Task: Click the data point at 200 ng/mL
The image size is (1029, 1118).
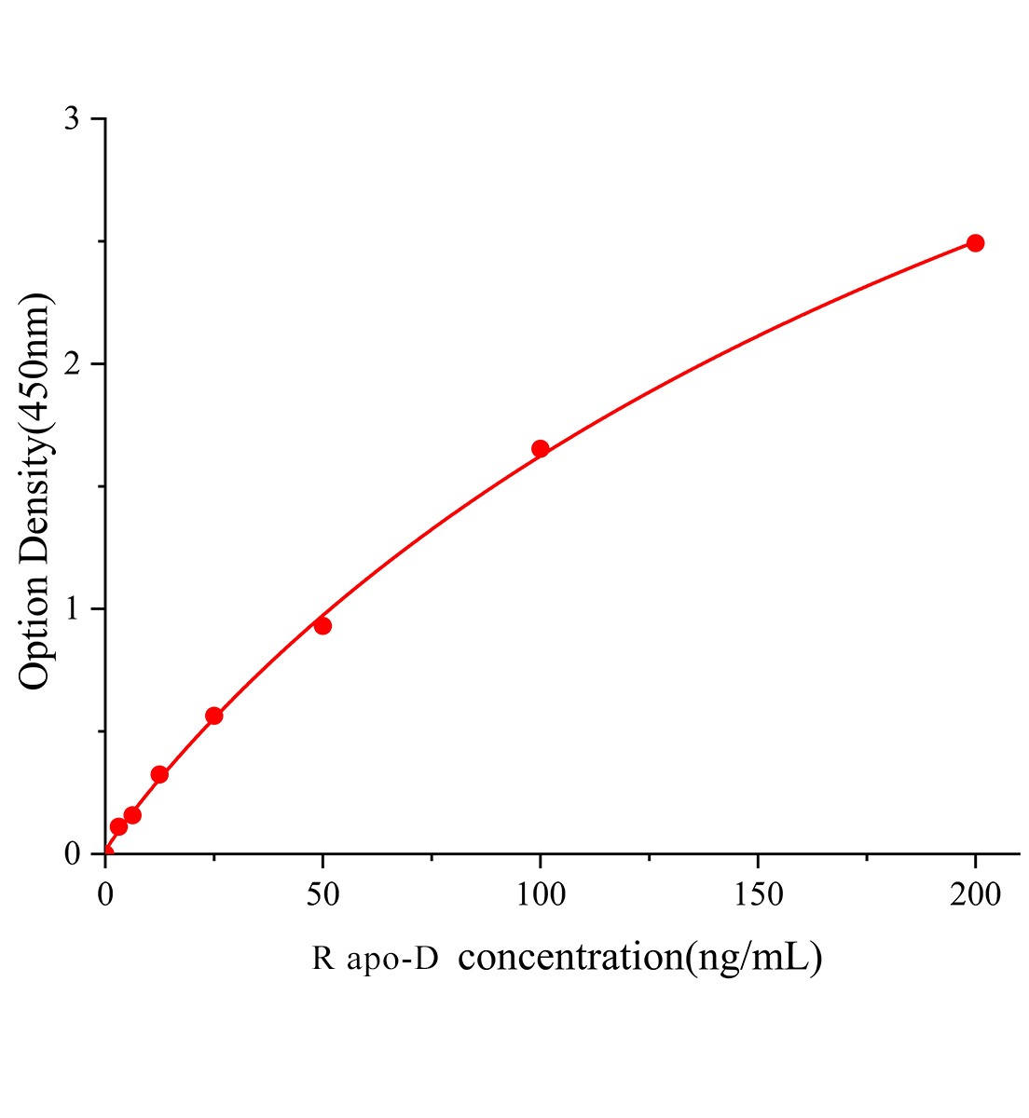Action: click(x=975, y=243)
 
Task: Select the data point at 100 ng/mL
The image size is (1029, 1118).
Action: click(x=540, y=449)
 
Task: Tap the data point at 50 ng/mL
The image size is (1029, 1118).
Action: click(x=322, y=625)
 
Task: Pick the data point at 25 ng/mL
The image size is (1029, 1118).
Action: click(x=213, y=716)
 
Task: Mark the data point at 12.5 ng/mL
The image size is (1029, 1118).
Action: click(x=159, y=774)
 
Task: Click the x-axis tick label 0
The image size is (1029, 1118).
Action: click(x=105, y=895)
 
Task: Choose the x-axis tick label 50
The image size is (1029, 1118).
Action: click(x=322, y=895)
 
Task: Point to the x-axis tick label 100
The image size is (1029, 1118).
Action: click(x=540, y=895)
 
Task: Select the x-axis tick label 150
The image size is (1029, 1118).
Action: click(x=758, y=895)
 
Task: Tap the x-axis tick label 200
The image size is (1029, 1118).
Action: click(x=975, y=895)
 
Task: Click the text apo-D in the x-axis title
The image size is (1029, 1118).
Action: click(x=391, y=959)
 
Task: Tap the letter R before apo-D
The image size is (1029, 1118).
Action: click(x=322, y=959)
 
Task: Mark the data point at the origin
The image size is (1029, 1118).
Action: click(x=105, y=852)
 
